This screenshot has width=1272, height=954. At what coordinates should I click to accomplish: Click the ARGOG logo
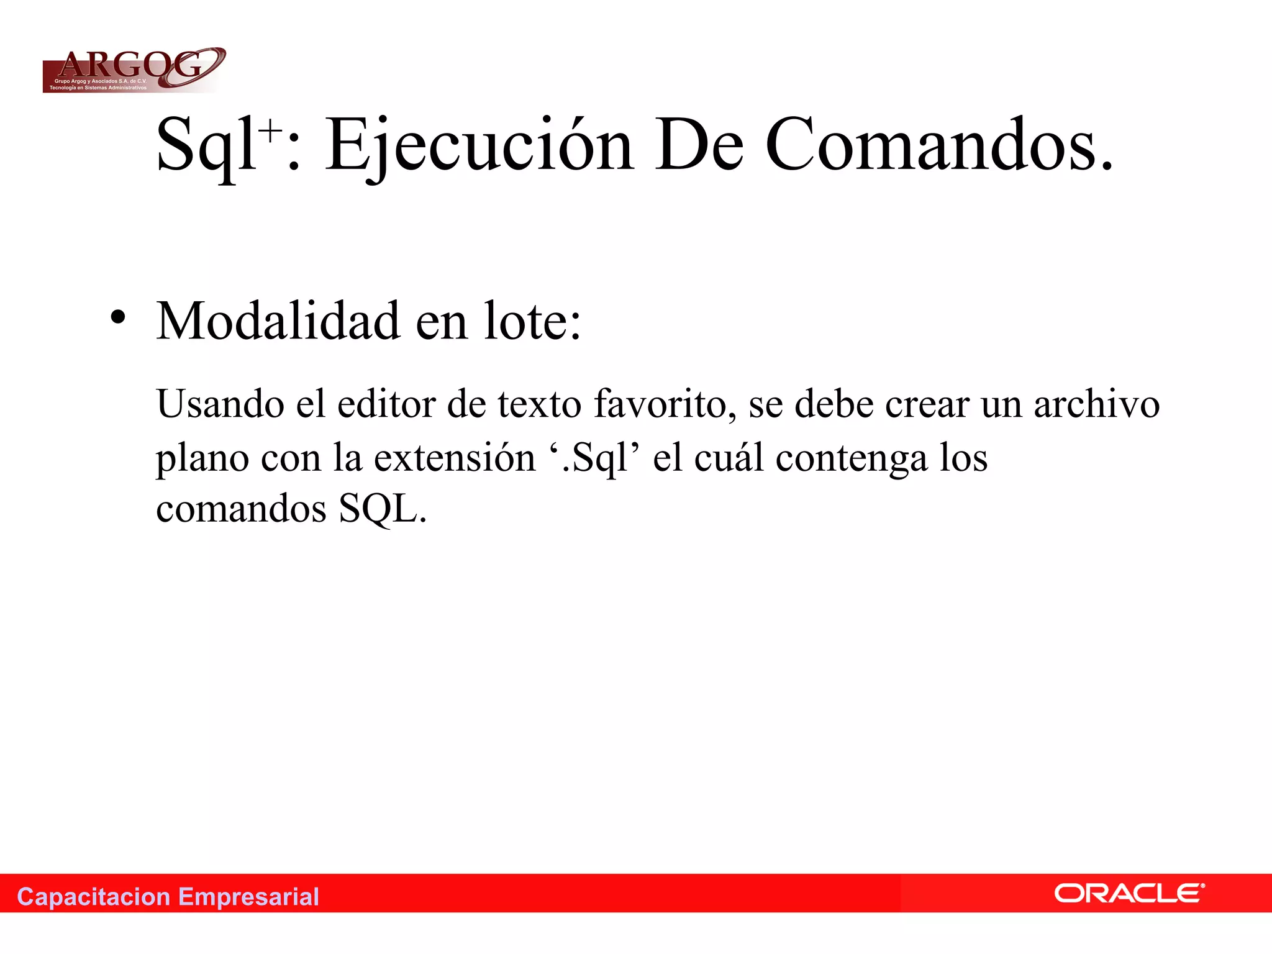point(134,70)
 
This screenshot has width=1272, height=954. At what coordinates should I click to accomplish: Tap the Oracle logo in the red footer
point(1129,894)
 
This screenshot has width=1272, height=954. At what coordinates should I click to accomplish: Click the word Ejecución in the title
point(479,145)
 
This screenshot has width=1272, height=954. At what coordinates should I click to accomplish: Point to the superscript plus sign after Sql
point(271,130)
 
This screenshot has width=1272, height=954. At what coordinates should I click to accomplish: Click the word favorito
point(660,404)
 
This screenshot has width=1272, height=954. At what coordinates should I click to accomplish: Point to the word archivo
point(1096,404)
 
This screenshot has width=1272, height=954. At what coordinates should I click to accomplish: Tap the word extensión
point(454,458)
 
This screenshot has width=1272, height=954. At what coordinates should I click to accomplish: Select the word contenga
point(851,458)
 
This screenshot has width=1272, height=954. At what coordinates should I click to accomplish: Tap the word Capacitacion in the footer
point(94,897)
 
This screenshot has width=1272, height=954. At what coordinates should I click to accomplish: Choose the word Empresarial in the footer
point(248,897)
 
